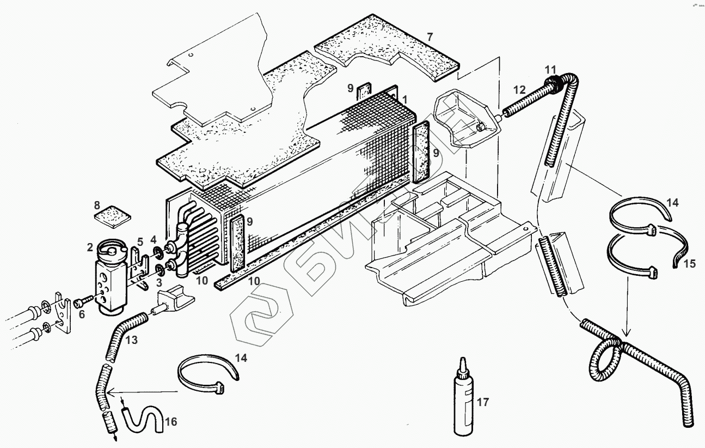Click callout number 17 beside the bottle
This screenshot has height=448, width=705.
(482, 403)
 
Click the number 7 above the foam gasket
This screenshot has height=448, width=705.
(430, 37)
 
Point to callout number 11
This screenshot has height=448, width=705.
(550, 69)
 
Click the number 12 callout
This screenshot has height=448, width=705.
(519, 89)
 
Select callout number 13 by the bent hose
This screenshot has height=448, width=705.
(131, 341)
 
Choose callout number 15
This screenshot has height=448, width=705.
(690, 264)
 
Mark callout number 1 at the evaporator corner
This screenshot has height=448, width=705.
(405, 100)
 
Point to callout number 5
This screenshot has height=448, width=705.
(140, 241)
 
